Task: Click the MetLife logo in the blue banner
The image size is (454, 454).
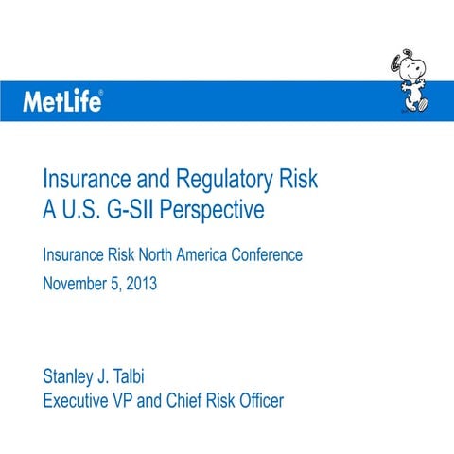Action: point(61,101)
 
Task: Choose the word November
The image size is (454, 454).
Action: point(74,282)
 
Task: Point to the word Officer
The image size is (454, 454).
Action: point(254,400)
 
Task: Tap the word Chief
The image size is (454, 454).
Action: point(182,400)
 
